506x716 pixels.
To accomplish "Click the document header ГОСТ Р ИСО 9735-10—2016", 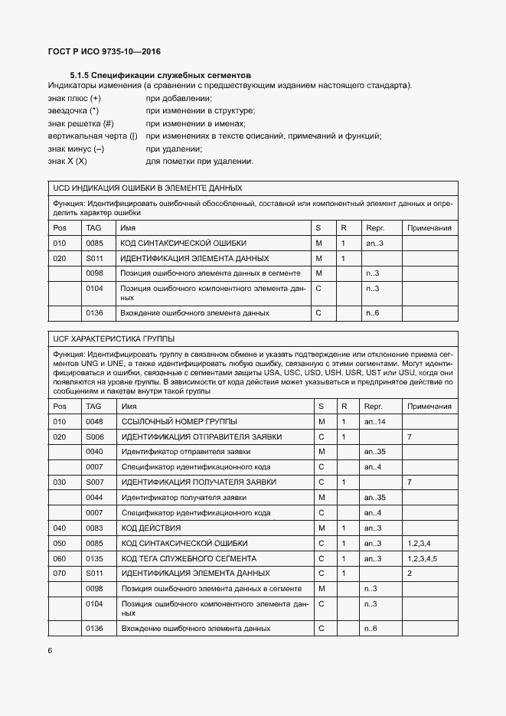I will (x=104, y=52).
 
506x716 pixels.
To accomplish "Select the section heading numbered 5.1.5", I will (x=161, y=75).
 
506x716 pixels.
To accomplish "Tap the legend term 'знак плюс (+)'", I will (x=74, y=99).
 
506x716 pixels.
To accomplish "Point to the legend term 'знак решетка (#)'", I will (x=81, y=123).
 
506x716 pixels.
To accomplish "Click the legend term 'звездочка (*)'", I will (x=73, y=111).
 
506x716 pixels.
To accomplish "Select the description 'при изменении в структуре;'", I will (x=201, y=111).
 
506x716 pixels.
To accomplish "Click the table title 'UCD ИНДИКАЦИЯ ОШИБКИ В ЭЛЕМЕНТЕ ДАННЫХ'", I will (x=148, y=188).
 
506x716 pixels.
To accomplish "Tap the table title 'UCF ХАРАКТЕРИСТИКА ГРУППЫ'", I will (x=113, y=338).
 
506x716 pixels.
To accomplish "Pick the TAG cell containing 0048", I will (x=94, y=422).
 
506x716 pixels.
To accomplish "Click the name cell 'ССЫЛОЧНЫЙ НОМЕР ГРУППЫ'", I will (x=179, y=422).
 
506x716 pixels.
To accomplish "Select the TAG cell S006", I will (x=94, y=436).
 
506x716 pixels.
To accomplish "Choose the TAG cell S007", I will (x=94, y=482).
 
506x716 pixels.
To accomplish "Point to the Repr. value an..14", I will (x=375, y=422).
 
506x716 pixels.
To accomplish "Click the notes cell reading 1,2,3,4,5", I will (x=423, y=558).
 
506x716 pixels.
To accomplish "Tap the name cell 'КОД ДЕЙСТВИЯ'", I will (x=152, y=528).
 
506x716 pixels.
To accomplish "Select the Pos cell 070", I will (x=59, y=573).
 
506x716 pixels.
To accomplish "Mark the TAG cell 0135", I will (x=94, y=558).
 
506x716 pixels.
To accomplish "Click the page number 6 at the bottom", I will (x=50, y=651).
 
